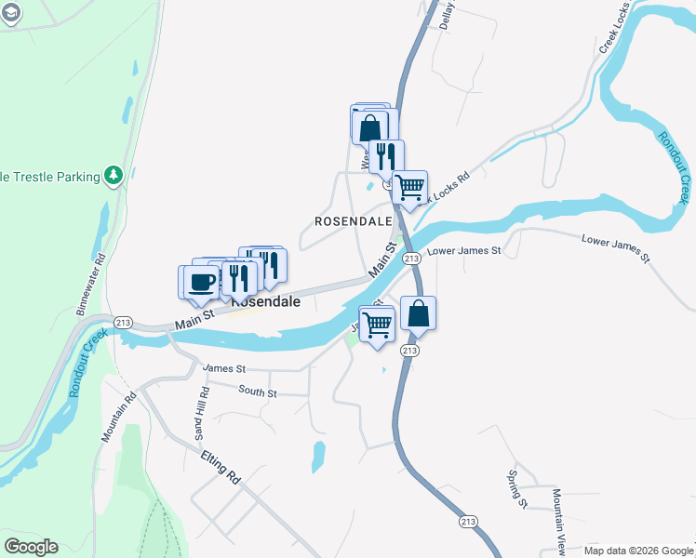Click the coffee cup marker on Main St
pos(198,282)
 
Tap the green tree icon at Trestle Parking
pos(114,175)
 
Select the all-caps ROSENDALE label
pos(353,221)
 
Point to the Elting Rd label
pos(221,465)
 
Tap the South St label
pos(258,392)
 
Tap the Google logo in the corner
pos(31,547)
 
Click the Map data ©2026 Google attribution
pos(637,551)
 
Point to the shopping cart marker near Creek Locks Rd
pos(409,187)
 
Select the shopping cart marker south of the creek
pos(378,325)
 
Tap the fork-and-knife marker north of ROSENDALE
pos(386,155)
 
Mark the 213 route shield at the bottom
pos(468,522)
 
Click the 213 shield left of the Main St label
pos(123,322)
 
